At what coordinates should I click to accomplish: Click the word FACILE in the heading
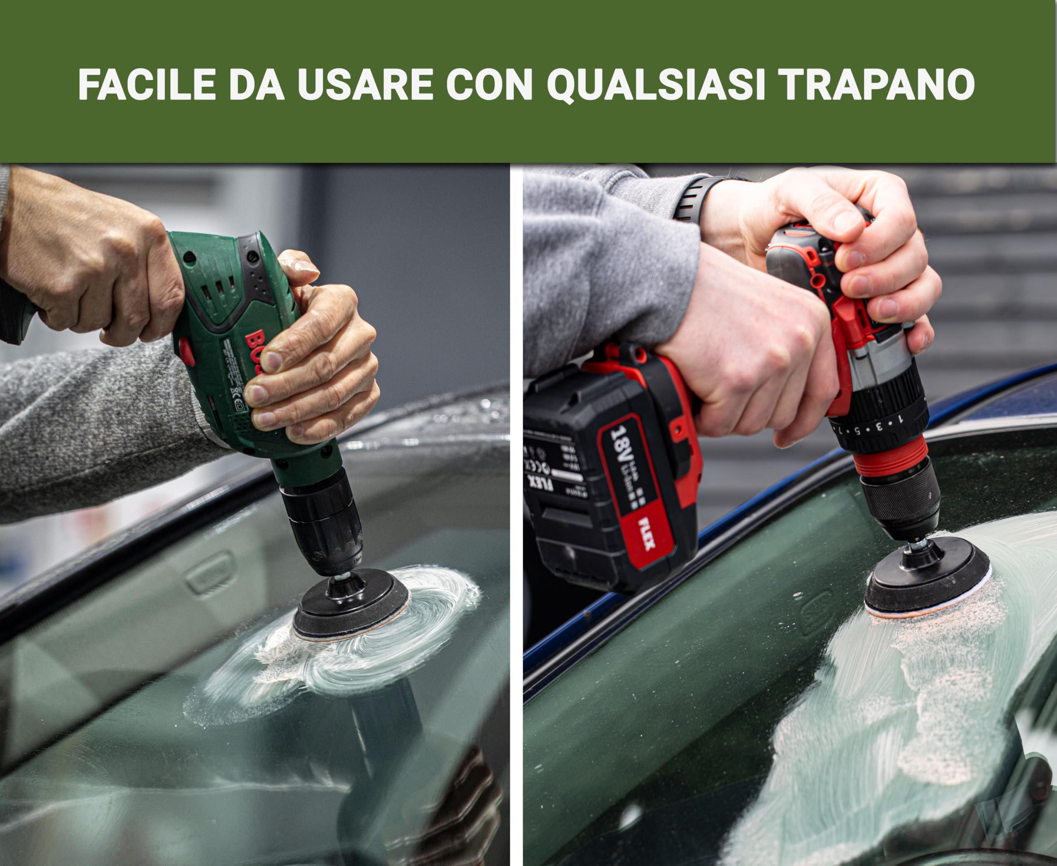pyautogui.click(x=147, y=85)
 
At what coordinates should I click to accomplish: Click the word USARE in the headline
pyautogui.click(x=365, y=85)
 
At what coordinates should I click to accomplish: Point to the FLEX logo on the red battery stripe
pyautogui.click(x=647, y=534)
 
